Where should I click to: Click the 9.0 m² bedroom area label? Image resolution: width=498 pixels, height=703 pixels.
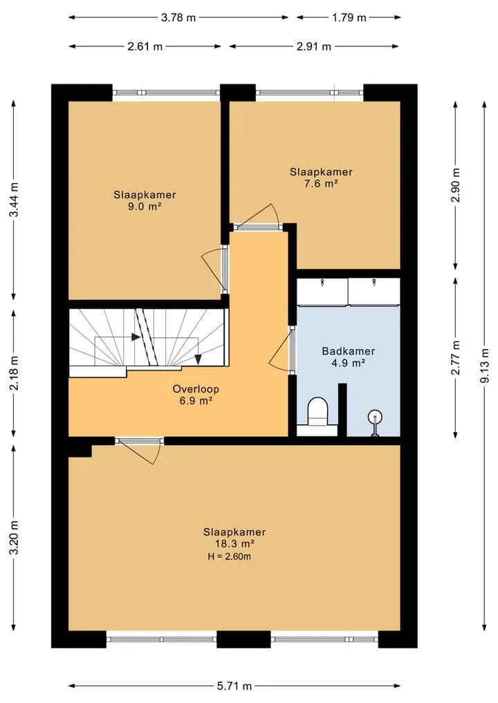coord(145,201)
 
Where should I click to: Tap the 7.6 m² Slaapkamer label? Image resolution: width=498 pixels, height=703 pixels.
coord(321,178)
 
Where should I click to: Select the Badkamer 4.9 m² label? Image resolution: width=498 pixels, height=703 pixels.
coord(348,357)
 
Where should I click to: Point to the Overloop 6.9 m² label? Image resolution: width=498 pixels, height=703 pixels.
coord(196,395)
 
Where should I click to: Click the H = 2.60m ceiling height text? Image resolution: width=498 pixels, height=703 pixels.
coord(229,557)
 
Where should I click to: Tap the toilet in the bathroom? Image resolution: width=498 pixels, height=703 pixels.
coord(318,413)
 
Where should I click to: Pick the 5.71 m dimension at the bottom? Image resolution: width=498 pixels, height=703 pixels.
coord(234,686)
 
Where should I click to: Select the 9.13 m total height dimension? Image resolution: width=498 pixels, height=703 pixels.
coord(484,366)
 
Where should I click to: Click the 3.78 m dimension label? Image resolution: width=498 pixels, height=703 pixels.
coord(178,17)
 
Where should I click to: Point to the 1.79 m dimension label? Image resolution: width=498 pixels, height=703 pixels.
coord(349,17)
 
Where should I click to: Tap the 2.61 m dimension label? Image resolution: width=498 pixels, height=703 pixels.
coord(145,46)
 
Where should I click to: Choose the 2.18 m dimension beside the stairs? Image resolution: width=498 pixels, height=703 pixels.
coord(14,372)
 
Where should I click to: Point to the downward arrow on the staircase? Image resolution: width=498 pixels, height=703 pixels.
coord(197,359)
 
